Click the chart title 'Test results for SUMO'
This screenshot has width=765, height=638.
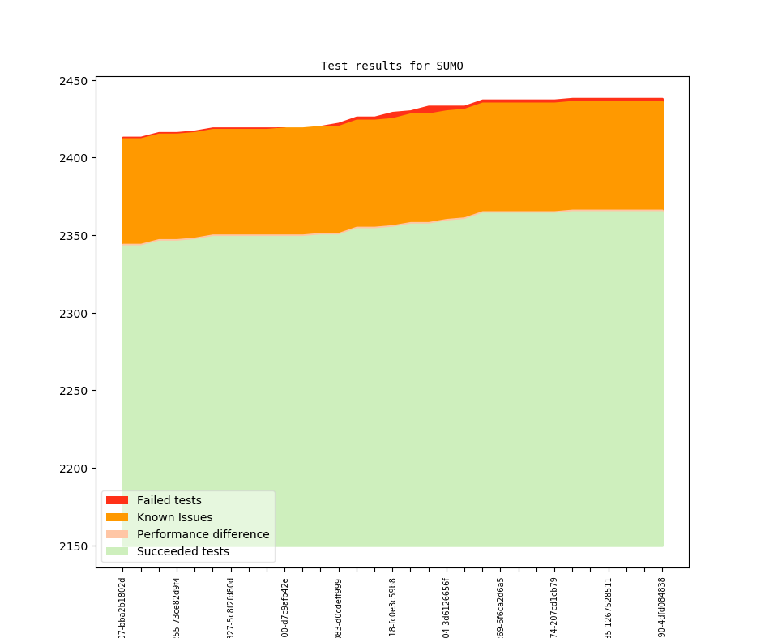[x=391, y=66]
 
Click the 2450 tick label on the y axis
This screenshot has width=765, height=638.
[x=74, y=81]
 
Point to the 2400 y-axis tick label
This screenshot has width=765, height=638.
[x=74, y=158]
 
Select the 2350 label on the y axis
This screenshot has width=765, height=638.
[x=74, y=236]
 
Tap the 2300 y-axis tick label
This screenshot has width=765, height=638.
[x=74, y=314]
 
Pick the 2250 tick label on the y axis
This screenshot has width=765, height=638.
[x=74, y=391]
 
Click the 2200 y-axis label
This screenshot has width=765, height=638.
[x=74, y=469]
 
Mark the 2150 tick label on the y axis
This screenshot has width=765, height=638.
[x=74, y=546]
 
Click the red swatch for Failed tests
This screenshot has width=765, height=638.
[x=117, y=500]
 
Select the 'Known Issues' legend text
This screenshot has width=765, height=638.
[x=174, y=517]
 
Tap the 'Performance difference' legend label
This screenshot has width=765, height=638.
[x=203, y=534]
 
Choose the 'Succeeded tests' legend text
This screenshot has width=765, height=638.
[x=182, y=551]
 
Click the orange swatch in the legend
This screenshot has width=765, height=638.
[x=117, y=517]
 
